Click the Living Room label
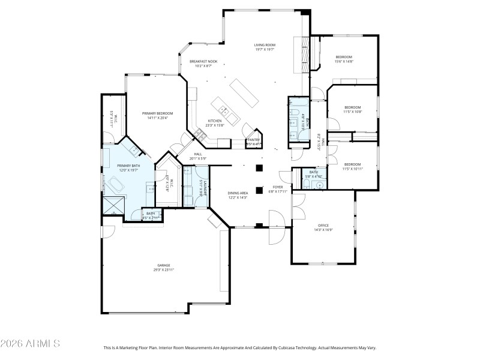pos(264,45)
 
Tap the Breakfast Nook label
pos(203,61)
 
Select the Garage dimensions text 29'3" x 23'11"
pos(164,270)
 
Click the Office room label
pos(323,224)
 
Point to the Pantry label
pos(253,140)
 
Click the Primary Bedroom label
pos(157,113)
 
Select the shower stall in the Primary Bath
pos(112,205)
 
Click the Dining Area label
pos(238,193)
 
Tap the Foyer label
pos(278,187)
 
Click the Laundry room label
pos(205,188)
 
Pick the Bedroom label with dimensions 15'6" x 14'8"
pos(344,57)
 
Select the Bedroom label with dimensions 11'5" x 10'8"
pos(352,107)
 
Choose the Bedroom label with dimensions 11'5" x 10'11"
pos(352,164)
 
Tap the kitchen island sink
pos(223,110)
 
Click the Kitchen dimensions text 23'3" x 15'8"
pos(215,125)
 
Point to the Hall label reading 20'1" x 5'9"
pos(197,158)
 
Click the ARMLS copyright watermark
pos(30,344)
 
